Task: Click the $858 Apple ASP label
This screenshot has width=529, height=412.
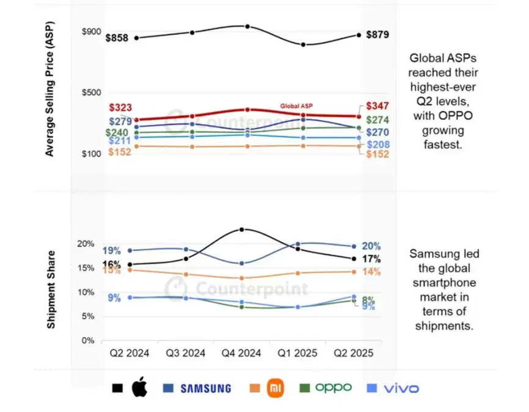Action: (117, 38)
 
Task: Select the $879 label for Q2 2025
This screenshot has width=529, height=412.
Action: (377, 35)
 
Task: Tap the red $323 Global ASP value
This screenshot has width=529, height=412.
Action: (120, 108)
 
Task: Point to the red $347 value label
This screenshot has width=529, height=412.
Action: (377, 106)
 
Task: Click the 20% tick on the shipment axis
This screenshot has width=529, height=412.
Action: (86, 244)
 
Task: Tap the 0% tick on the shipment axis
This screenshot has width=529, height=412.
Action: (89, 341)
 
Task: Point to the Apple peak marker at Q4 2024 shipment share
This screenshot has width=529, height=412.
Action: (242, 229)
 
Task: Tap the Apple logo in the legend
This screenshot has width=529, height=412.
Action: (140, 388)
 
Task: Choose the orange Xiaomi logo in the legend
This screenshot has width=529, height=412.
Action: (275, 388)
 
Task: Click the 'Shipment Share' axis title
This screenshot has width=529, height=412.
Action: (53, 290)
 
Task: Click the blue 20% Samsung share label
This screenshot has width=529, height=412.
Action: (371, 247)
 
